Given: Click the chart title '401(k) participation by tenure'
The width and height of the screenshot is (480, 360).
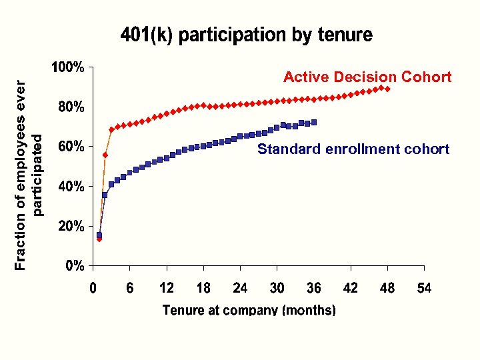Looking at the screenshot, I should (246, 35).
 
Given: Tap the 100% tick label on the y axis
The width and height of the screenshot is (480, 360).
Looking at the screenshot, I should (68, 67).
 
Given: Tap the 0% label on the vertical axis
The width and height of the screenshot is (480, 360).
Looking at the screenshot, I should (75, 267).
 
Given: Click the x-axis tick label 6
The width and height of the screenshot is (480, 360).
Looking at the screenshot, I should (130, 288).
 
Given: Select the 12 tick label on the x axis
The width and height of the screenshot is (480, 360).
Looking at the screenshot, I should (166, 288).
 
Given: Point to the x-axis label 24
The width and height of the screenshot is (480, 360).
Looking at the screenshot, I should (240, 288).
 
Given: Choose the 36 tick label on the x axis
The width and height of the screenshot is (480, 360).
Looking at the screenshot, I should (313, 288).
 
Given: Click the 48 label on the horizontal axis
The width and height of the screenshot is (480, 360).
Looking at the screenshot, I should (387, 288).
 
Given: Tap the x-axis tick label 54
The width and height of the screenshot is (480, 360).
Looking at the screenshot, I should (424, 288).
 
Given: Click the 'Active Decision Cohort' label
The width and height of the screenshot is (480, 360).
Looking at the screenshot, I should (367, 77).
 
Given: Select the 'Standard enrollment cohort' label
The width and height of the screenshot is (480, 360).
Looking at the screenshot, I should (353, 149).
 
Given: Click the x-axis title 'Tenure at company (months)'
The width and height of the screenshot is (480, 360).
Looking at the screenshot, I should (249, 310).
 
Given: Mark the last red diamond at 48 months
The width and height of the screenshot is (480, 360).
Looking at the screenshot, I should (387, 89).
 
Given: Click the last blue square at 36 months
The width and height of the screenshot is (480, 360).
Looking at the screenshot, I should (314, 122).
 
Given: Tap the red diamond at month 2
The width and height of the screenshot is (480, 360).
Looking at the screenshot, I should (105, 155).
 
